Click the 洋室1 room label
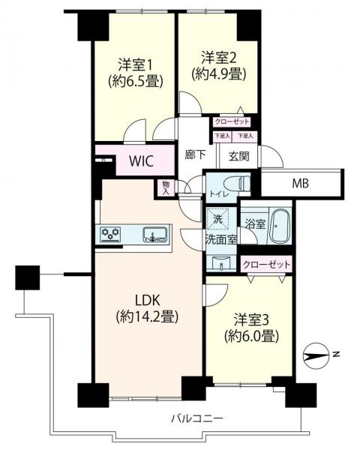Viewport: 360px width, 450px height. click(135, 65)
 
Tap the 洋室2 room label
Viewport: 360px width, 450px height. click(219, 58)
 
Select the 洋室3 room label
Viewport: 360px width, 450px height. click(251, 320)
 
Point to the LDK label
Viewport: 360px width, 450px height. click(148, 300)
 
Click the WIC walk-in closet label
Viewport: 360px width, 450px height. click(141, 161)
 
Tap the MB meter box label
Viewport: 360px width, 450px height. click(301, 183)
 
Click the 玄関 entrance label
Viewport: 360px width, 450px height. click(238, 157)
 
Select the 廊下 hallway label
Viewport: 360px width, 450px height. click(195, 155)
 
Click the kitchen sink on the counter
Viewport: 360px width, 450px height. click(155, 235)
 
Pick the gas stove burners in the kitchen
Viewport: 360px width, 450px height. click(110, 234)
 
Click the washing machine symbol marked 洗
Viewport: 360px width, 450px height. click(218, 219)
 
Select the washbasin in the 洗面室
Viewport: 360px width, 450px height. click(221, 263)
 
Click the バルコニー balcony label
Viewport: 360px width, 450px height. click(197, 418)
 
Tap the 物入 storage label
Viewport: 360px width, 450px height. click(166, 188)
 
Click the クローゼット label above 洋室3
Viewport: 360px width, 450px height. click(267, 264)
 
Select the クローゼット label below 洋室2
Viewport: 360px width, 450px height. click(232, 121)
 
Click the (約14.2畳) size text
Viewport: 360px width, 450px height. click(148, 317)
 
